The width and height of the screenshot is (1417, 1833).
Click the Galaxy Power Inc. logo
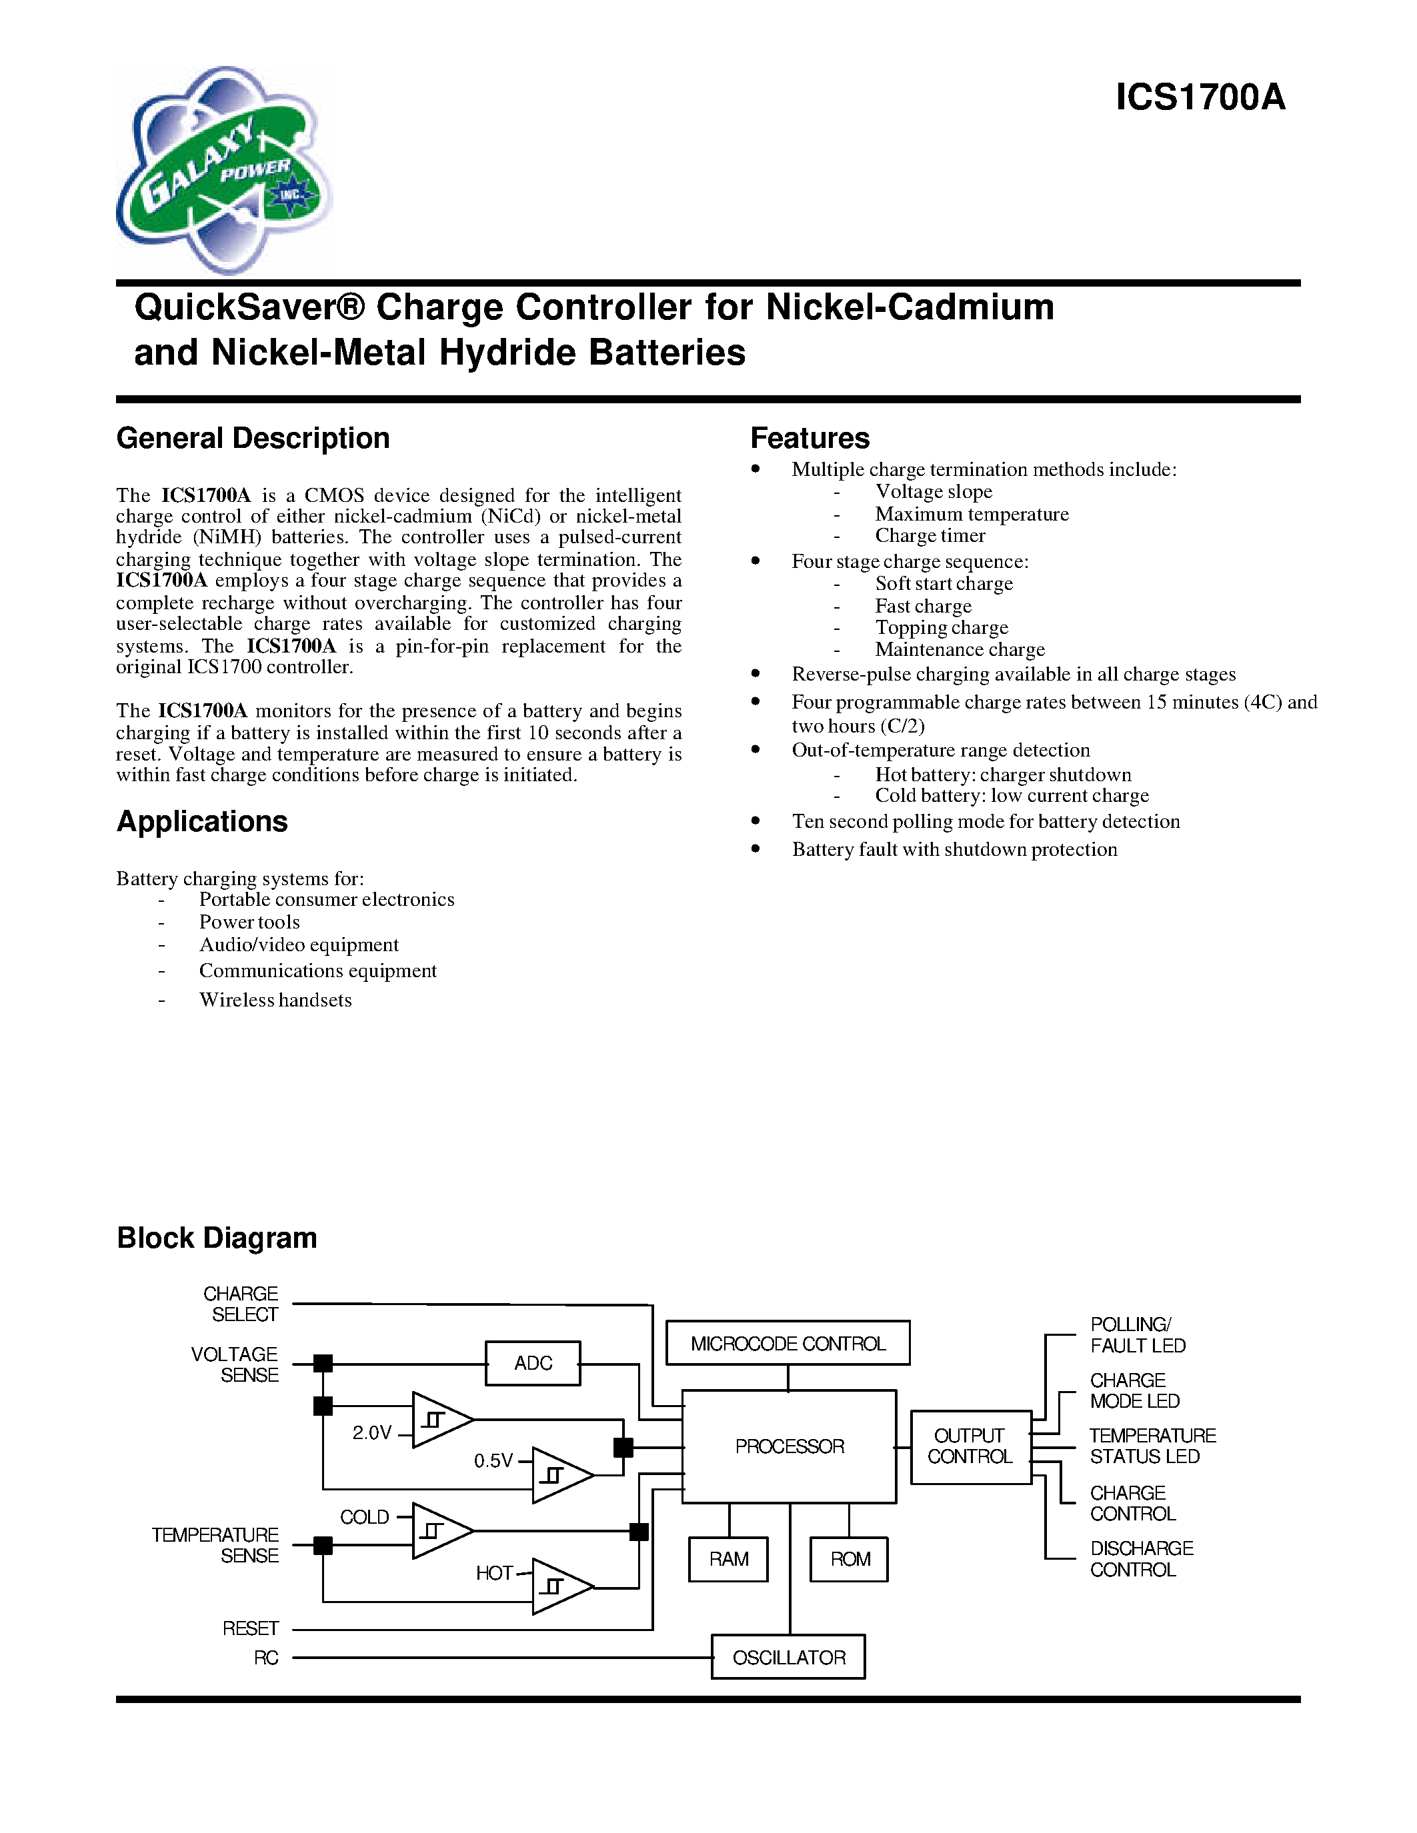[223, 171]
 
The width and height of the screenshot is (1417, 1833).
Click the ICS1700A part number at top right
[1200, 98]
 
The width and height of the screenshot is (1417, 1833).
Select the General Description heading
[253, 438]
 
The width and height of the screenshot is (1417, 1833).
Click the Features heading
[810, 438]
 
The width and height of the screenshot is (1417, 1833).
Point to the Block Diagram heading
[217, 1238]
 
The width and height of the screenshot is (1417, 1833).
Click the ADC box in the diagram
[533, 1363]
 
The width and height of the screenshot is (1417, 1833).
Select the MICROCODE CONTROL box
[788, 1344]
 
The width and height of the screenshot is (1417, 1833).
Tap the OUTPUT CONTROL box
[970, 1447]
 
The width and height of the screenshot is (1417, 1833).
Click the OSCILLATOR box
[788, 1658]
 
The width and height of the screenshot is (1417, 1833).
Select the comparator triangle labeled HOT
[559, 1586]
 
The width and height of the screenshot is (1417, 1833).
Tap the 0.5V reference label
[493, 1461]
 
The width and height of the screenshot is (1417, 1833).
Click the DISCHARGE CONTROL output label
[1140, 1558]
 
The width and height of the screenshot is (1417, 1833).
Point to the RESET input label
[250, 1629]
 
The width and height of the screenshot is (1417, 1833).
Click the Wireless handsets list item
[275, 1000]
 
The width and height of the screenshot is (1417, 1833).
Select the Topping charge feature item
[941, 628]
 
